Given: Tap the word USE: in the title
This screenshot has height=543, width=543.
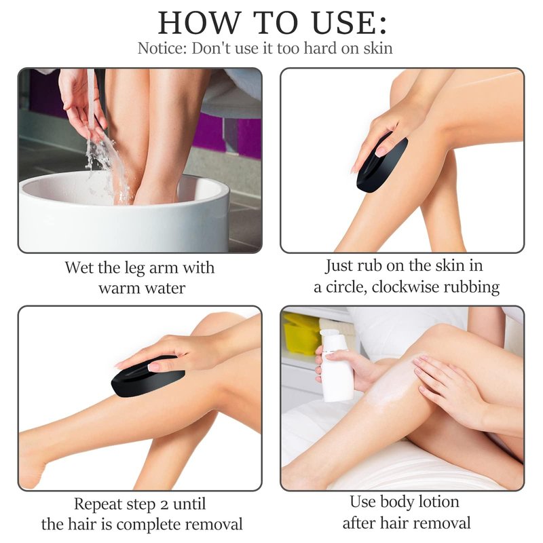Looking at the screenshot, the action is (x=349, y=22).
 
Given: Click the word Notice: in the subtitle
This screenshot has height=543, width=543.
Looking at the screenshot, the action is (x=162, y=48).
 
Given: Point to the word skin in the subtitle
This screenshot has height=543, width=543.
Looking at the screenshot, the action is (x=378, y=48).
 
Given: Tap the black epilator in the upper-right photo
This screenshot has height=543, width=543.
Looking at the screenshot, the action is (x=382, y=164).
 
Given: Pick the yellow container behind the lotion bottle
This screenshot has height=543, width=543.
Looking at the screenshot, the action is (x=302, y=333).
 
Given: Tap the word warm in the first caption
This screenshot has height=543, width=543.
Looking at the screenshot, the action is (x=119, y=288).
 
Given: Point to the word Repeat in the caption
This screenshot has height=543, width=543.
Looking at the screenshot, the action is (x=97, y=504).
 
